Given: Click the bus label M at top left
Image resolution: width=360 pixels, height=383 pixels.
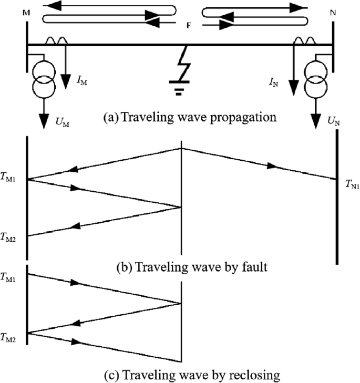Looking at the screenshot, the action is pyautogui.click(x=26, y=13).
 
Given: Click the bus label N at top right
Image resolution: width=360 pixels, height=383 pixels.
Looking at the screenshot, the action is pyautogui.click(x=333, y=13).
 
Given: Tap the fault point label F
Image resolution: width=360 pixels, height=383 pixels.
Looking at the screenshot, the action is pyautogui.click(x=189, y=25).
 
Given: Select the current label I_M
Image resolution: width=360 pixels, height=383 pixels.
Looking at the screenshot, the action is pyautogui.click(x=82, y=81).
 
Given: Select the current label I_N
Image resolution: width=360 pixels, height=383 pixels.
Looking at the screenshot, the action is pyautogui.click(x=274, y=83).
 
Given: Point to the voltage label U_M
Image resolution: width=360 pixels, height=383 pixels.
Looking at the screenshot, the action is pyautogui.click(x=63, y=123).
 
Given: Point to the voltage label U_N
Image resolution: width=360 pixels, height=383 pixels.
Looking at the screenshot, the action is pyautogui.click(x=334, y=121).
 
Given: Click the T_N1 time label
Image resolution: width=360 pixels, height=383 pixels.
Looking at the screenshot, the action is pyautogui.click(x=352, y=184).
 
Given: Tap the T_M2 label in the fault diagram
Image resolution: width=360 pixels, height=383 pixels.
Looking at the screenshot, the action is pyautogui.click(x=8, y=237).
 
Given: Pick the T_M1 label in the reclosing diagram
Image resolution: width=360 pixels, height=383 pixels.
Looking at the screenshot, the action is pyautogui.click(x=8, y=278).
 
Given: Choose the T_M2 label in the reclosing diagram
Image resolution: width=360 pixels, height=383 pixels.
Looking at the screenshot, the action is pyautogui.click(x=8, y=338).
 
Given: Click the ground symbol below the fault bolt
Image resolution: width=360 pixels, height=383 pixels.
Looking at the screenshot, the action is pyautogui.click(x=179, y=88).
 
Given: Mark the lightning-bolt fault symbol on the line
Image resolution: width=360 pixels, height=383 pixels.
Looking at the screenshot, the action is pyautogui.click(x=184, y=63).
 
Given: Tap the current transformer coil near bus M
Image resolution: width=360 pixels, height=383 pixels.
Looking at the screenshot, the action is pyautogui.click(x=56, y=40).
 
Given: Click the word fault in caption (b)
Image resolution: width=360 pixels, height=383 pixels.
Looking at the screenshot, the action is pyautogui.click(x=255, y=266).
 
